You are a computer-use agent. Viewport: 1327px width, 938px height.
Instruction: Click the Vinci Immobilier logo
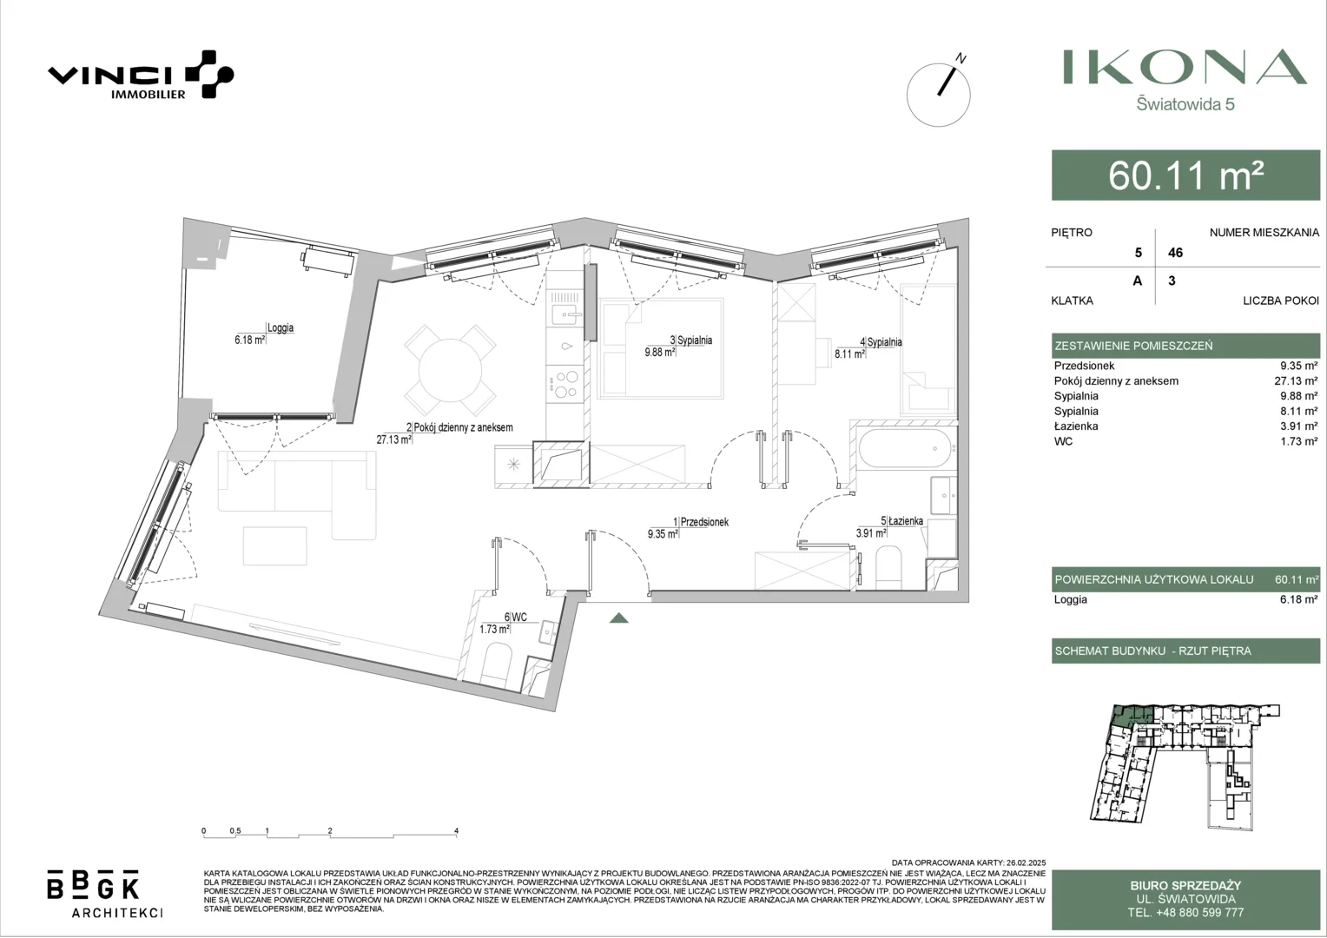click(141, 75)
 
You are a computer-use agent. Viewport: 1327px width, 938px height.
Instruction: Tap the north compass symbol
click(939, 94)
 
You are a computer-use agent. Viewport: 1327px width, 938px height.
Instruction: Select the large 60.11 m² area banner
click(1186, 175)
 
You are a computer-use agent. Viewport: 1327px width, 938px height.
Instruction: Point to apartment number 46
click(1175, 253)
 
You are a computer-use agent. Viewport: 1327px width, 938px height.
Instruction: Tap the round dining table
click(450, 370)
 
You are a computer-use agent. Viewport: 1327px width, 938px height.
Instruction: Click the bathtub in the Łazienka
click(905, 448)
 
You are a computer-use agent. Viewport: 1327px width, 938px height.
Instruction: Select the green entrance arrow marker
click(619, 618)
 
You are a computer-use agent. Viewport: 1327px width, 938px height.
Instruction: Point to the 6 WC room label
click(515, 617)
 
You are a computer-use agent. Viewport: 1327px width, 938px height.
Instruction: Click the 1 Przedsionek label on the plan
click(701, 522)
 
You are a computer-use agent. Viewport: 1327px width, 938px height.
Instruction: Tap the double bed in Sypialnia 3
click(661, 348)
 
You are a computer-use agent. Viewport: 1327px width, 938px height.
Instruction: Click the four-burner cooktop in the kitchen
click(565, 383)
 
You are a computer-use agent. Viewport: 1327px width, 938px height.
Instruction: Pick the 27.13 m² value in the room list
click(1297, 381)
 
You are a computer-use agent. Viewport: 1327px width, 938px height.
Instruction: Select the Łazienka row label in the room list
click(1076, 426)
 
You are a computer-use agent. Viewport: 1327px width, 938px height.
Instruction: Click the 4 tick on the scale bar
click(456, 831)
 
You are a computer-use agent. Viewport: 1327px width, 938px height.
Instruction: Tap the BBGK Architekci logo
click(104, 894)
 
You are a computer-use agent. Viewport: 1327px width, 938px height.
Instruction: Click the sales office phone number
click(1185, 913)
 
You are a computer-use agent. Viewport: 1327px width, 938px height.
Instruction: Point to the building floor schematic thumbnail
click(1185, 767)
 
